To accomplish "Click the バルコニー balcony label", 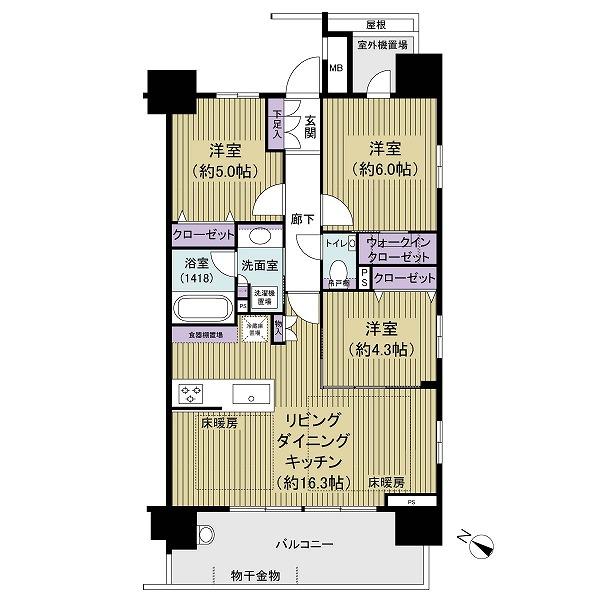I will click(305, 544).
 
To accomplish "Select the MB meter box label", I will click(336, 68).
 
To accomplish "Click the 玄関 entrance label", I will click(310, 125).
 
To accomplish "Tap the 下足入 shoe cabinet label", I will click(277, 123).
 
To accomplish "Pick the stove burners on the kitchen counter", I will click(190, 392).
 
